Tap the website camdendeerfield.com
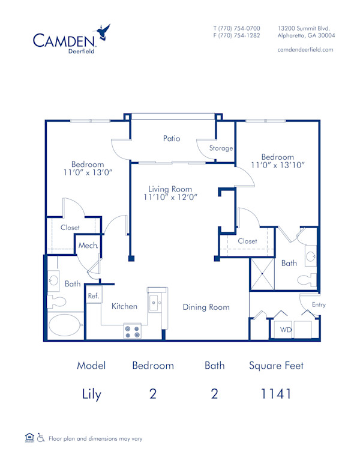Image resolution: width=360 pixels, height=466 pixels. pos(305,50)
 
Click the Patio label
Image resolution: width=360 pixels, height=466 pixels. pos(172,138)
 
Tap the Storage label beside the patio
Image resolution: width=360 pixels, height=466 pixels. pos(221,148)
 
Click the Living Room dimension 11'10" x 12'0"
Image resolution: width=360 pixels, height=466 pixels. pos(170,196)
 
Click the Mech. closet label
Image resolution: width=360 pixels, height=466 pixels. pos(88,246)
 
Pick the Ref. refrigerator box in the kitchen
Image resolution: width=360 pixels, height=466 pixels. pos(94,296)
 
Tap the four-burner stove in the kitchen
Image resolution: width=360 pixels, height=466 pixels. pos(132,331)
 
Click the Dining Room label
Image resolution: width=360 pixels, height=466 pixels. pos(206,307)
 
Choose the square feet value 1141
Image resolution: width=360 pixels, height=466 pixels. pos(276,394)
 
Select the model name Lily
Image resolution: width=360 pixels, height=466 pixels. pos(91,395)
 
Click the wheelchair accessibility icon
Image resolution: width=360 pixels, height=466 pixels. pos(41,438)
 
